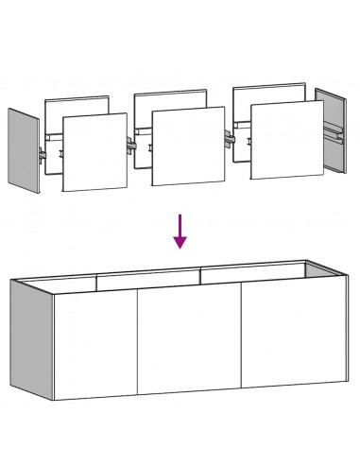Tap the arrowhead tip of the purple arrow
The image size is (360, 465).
180,247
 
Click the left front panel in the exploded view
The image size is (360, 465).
94,153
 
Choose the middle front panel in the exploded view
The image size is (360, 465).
188,146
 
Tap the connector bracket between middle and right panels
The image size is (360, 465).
230,138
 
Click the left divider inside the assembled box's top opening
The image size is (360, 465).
97,281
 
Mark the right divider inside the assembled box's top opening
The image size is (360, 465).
201,275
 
